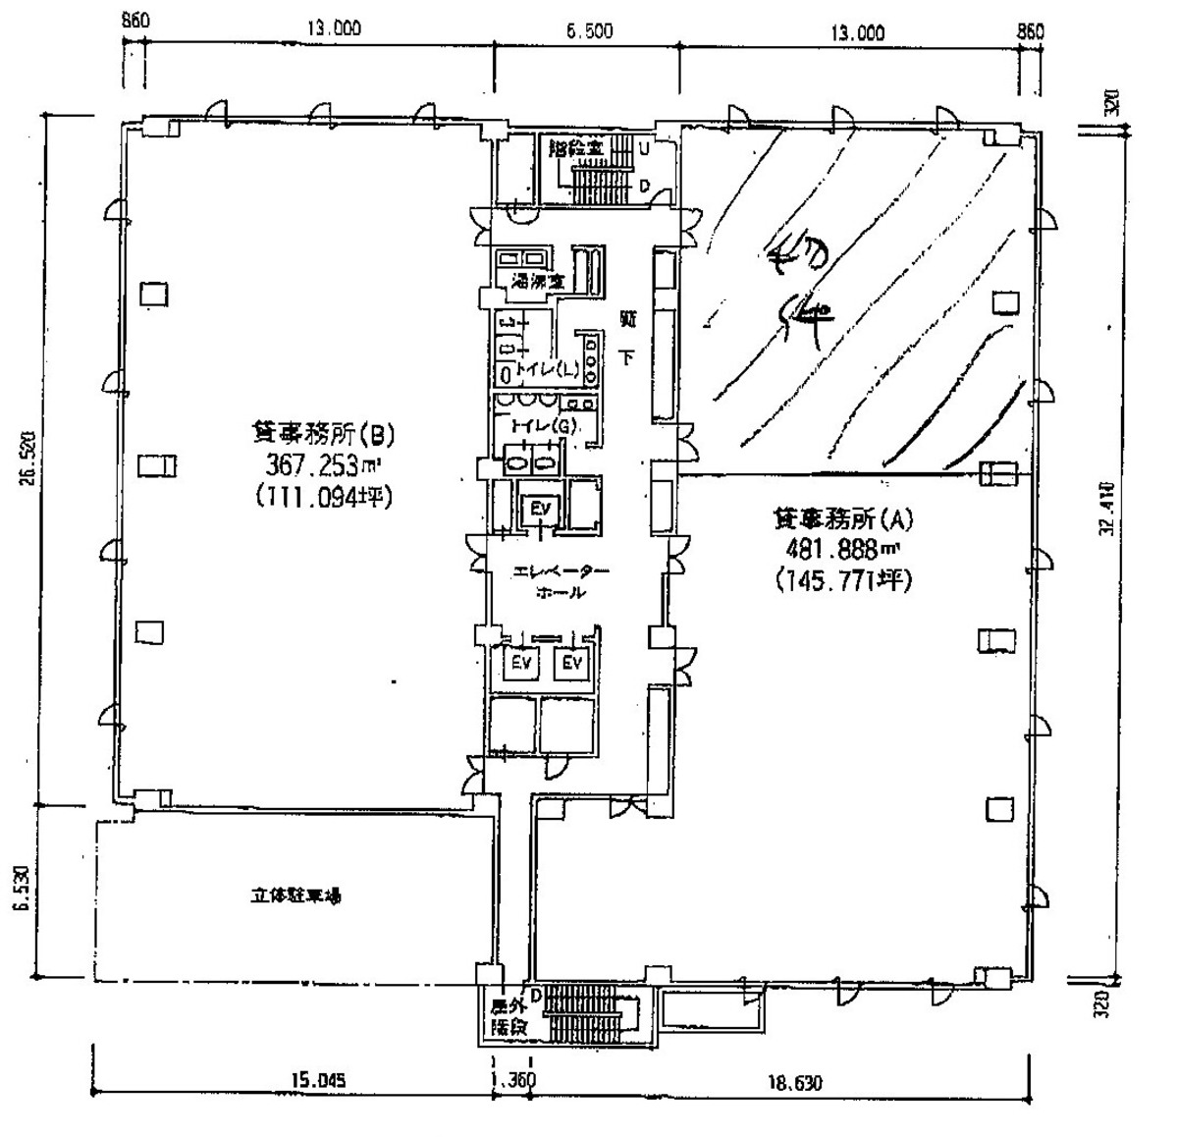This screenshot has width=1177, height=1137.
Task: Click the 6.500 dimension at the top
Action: (589, 30)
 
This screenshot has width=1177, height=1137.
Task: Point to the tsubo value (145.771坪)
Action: (842, 581)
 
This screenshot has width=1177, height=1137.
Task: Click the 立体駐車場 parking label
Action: (294, 895)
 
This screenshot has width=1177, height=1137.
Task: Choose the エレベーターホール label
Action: (561, 582)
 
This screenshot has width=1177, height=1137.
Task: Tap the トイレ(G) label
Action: (539, 426)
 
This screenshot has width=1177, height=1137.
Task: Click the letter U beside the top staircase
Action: (644, 148)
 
